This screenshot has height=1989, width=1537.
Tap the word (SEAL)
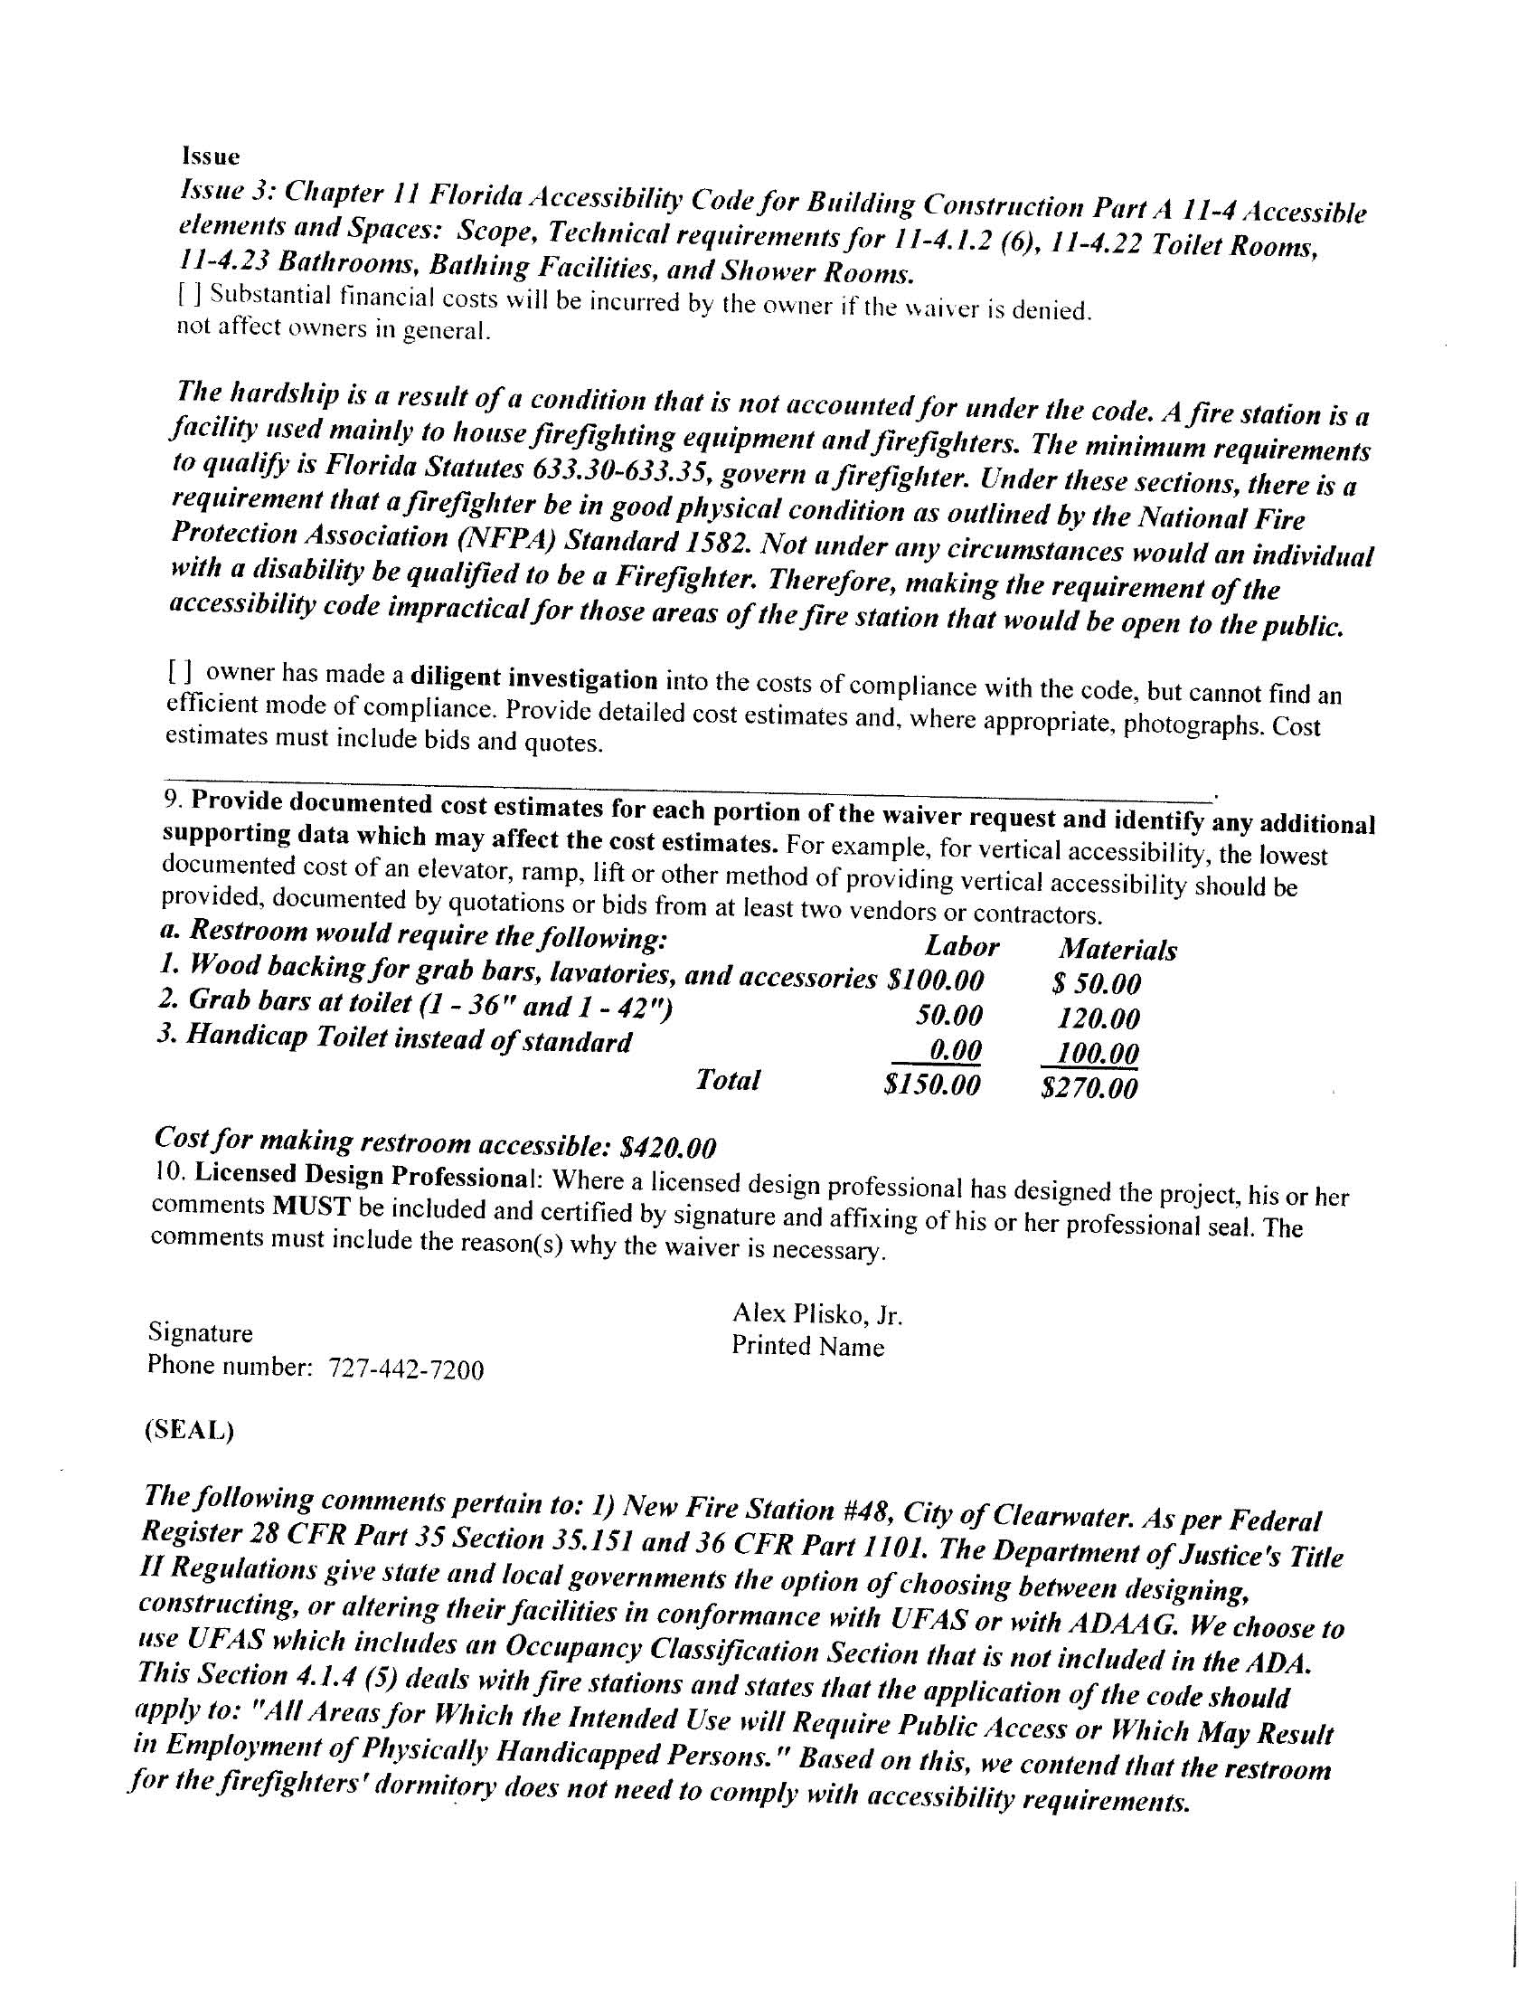[x=188, y=1430]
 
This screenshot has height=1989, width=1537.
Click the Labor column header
[x=962, y=947]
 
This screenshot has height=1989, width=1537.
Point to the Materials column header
[x=1117, y=950]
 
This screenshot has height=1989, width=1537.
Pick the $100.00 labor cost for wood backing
[x=934, y=980]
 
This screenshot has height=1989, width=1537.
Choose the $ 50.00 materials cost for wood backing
[x=1096, y=983]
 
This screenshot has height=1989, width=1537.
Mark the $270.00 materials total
[x=1089, y=1087]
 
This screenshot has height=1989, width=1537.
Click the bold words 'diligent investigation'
[x=534, y=678]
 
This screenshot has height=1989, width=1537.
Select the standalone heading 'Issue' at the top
[x=211, y=156]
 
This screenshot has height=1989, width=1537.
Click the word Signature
[x=201, y=1333]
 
